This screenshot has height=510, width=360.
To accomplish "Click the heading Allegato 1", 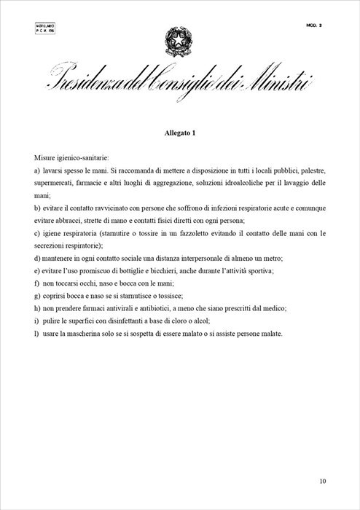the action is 179,133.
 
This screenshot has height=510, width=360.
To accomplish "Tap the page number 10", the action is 324,481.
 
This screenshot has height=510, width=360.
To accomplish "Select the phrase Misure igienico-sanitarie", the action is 71,157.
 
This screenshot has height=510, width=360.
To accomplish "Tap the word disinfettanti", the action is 128,322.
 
